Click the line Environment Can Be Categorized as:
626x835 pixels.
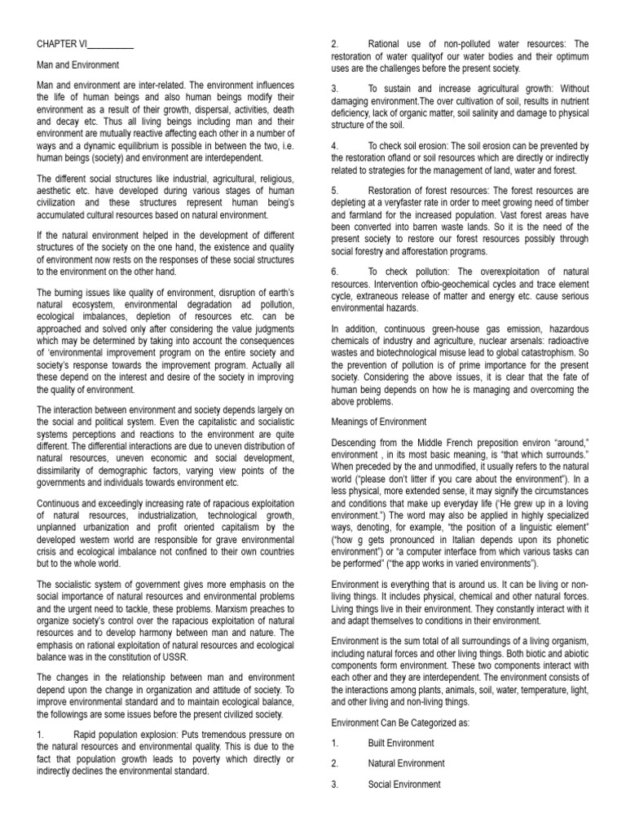point(401,722)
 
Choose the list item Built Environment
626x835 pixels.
point(401,743)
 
